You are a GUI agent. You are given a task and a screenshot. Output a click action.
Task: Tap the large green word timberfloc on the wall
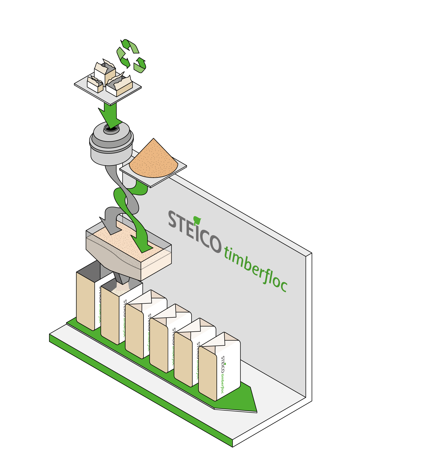coord(256,269)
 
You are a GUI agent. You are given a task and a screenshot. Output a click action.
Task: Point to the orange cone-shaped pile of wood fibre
coord(154,160)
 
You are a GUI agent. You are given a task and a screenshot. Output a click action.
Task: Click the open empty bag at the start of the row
coord(89,296)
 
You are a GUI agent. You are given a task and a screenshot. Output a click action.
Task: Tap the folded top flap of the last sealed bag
coord(219,341)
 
